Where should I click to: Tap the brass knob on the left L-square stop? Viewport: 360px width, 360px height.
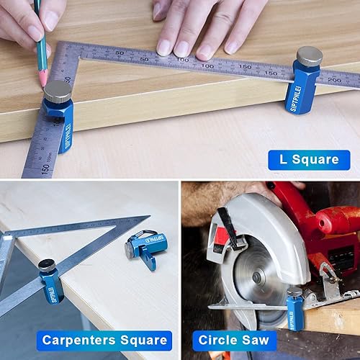(x=57, y=91)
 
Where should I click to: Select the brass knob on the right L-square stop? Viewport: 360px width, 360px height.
(x=310, y=56)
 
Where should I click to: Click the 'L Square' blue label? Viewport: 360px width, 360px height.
(x=309, y=160)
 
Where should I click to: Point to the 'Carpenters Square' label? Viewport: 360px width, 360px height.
(x=105, y=340)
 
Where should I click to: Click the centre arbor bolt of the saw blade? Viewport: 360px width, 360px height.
(x=257, y=277)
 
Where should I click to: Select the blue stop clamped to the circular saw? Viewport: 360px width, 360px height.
(x=294, y=308)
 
